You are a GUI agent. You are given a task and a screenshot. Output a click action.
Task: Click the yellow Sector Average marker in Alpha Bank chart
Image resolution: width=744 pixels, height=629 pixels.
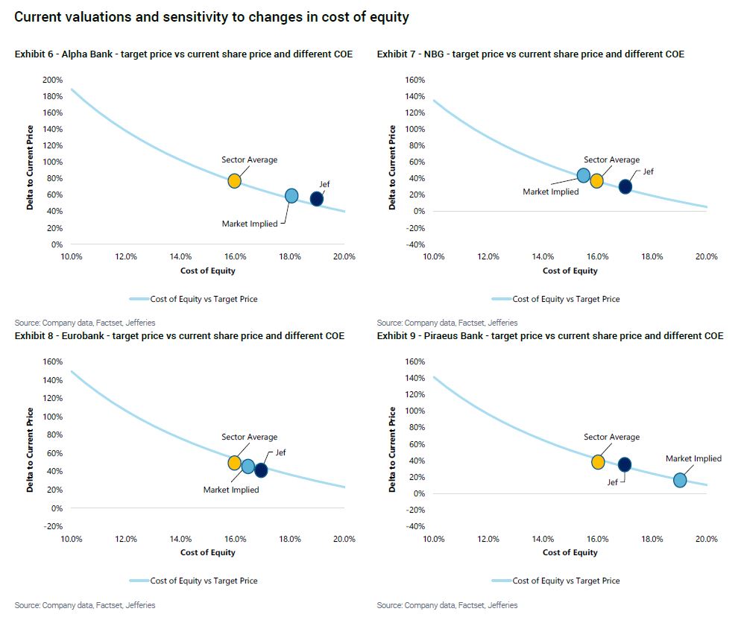234,181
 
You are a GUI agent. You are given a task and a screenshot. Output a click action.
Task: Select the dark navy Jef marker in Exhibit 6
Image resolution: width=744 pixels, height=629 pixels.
317,199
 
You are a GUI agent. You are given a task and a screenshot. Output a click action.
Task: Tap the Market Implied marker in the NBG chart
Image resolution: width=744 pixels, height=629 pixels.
584,176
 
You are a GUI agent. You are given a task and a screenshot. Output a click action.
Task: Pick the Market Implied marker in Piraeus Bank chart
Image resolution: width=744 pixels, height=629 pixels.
680,481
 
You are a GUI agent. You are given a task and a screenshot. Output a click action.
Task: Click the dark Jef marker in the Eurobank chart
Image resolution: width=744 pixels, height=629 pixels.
261,470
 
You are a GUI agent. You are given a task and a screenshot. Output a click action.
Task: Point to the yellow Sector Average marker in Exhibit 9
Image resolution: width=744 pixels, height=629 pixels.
598,462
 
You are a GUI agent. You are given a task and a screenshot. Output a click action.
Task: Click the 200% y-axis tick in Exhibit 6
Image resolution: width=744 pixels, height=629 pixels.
52,80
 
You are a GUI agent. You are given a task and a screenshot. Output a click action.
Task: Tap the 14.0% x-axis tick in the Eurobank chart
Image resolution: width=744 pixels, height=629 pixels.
180,538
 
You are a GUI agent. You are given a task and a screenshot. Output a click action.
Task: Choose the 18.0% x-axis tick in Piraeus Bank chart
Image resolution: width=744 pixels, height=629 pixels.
652,538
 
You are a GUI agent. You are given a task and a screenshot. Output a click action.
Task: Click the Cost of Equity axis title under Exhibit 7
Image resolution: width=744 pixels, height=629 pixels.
570,271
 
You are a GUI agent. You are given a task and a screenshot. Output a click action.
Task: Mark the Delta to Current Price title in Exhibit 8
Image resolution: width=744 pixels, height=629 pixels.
31,449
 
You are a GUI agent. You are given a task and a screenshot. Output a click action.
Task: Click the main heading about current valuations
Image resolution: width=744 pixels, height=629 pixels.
212,17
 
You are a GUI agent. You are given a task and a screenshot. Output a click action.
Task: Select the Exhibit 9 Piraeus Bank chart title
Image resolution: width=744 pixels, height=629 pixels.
549,336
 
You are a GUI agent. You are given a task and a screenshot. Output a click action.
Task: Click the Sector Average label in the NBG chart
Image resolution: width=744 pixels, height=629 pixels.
611,159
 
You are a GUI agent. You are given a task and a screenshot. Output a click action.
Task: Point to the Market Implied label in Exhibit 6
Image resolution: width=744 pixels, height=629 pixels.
249,224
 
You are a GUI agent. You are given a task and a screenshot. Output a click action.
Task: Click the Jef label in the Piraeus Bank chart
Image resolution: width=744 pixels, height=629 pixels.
612,482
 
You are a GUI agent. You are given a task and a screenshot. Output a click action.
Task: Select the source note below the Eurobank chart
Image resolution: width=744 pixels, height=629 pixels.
85,605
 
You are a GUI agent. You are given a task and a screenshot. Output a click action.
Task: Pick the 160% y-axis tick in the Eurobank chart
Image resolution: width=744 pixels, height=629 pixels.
52,361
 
